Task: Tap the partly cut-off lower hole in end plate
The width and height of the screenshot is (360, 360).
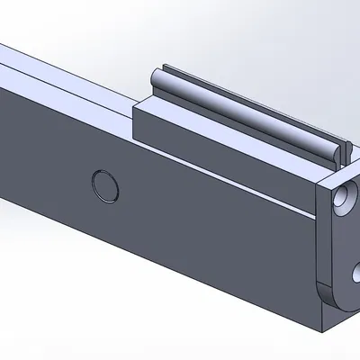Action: click(356, 271)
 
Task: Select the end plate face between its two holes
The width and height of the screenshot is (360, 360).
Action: click(346, 238)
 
